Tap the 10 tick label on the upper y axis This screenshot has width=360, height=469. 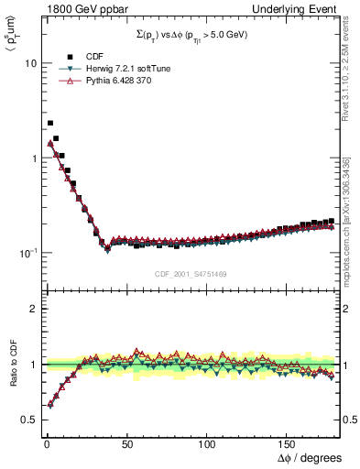(x=30, y=64)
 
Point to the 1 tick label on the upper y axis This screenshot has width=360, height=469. (x=33, y=158)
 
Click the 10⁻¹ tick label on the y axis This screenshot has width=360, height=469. (x=28, y=252)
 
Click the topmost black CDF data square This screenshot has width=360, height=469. (x=49, y=123)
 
